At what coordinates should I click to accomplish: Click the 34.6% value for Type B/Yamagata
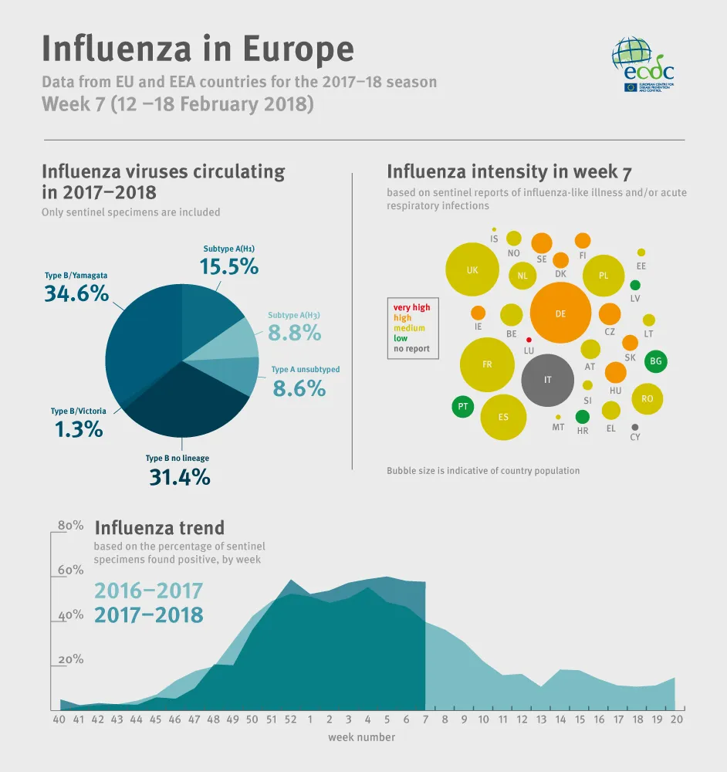click(76, 293)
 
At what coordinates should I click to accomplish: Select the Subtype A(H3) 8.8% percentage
click(294, 333)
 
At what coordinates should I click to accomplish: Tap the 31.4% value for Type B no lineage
click(179, 477)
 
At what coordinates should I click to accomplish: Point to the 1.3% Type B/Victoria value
click(79, 429)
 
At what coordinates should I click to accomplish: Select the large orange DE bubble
click(560, 313)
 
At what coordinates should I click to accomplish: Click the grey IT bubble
click(548, 380)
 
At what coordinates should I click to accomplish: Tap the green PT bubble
click(463, 406)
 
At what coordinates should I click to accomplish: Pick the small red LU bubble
click(529, 340)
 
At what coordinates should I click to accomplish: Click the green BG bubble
click(656, 361)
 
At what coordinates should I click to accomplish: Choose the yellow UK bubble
click(472, 270)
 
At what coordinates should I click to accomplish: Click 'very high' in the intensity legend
click(411, 307)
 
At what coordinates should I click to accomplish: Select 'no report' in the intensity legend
click(411, 349)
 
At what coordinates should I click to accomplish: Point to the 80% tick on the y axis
click(70, 525)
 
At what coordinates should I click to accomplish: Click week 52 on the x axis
click(290, 720)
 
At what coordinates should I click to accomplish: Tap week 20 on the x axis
click(675, 720)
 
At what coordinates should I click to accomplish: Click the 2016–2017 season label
click(148, 591)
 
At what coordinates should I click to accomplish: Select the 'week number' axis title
click(361, 737)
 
